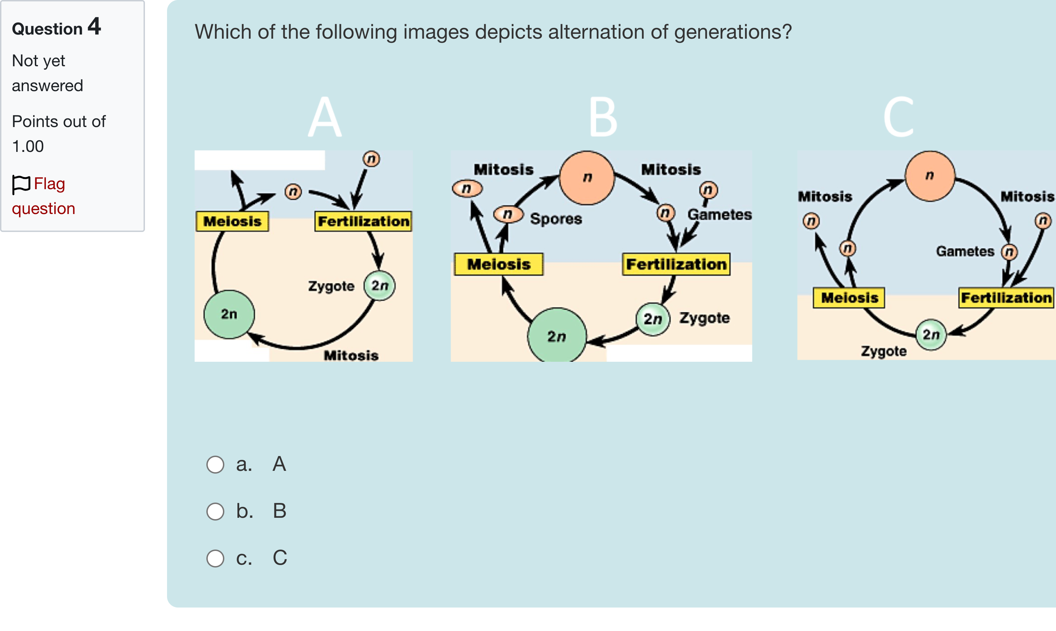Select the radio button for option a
215,464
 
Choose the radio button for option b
215,511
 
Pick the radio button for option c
215,558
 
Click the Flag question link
43,196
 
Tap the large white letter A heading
324,117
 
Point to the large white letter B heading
603,117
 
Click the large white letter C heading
898,117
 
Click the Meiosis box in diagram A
232,221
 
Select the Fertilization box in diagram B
676,264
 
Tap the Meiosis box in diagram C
849,298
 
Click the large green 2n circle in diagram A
229,314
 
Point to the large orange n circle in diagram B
587,177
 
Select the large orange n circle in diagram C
930,176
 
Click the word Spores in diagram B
556,219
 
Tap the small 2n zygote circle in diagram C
931,334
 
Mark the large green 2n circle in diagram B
557,336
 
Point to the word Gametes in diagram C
965,251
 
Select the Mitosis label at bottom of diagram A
351,355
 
